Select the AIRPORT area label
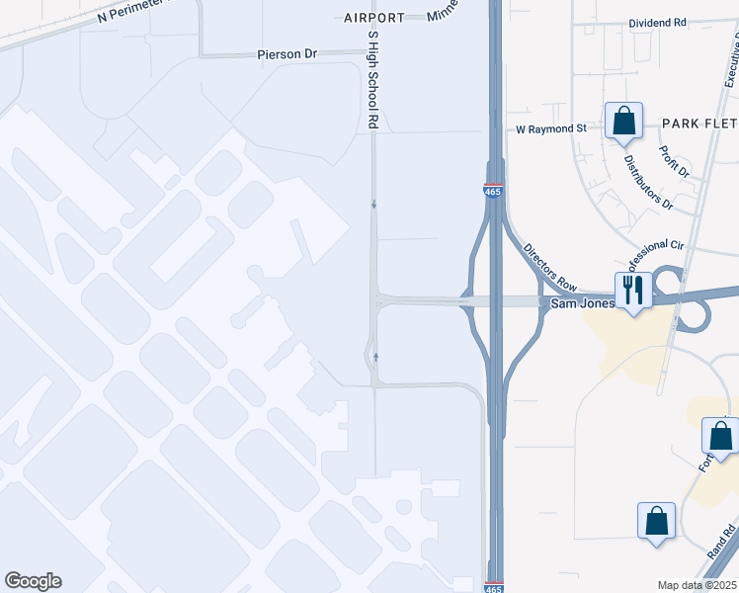[374, 18]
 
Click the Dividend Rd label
[657, 23]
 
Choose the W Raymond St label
[551, 128]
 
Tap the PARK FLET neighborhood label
[698, 124]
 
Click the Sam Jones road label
[582, 302]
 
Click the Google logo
[33, 581]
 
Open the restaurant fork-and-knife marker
[633, 291]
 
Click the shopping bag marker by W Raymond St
[623, 123]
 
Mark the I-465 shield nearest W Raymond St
[494, 192]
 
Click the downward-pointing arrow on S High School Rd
[373, 205]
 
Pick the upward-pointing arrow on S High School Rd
[375, 356]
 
